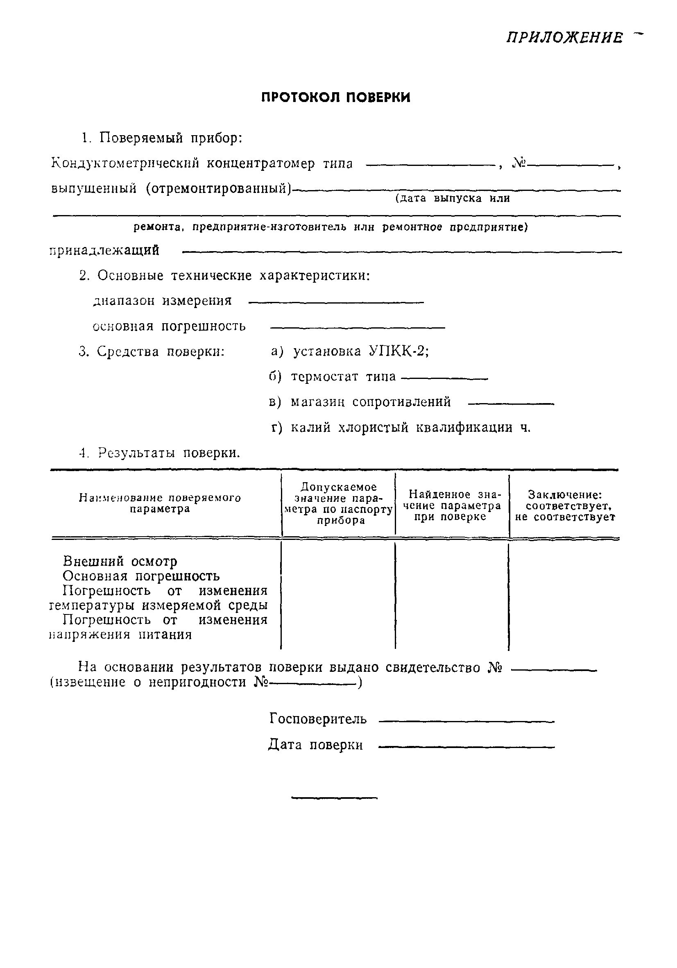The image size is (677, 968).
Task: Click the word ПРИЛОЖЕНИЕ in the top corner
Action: coord(564,39)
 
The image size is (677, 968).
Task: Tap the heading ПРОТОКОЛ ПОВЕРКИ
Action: coord(335,98)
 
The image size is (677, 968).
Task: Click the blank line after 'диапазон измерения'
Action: coord(336,302)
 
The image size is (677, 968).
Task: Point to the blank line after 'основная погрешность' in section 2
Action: coord(357,328)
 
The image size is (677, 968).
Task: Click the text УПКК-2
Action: coord(398,351)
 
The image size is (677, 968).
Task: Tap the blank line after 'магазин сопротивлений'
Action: coord(511,404)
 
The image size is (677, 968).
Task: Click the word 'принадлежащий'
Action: coord(104,250)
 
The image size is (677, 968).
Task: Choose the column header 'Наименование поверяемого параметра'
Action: coord(160,503)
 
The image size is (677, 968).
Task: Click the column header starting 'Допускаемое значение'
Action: coord(338,503)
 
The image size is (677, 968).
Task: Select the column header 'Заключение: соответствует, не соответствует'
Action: coord(565,506)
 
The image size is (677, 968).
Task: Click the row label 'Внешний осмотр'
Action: coord(120,562)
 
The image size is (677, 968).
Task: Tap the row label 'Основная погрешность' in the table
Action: coord(141,576)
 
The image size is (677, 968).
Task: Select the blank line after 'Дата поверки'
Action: coord(466,747)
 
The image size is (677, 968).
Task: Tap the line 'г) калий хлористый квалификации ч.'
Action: coord(401,428)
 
